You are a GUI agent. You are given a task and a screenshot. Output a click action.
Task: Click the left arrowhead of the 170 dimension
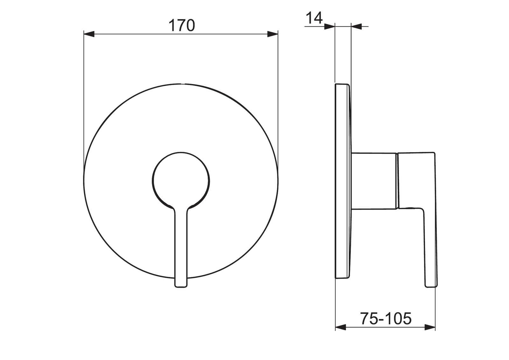(x=89, y=34)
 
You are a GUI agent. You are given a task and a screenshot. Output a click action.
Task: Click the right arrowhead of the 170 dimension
(x=272, y=34)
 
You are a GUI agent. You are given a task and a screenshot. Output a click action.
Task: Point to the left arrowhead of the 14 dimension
(x=330, y=27)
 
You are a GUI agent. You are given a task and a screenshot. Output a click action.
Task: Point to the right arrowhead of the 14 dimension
(x=356, y=27)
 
